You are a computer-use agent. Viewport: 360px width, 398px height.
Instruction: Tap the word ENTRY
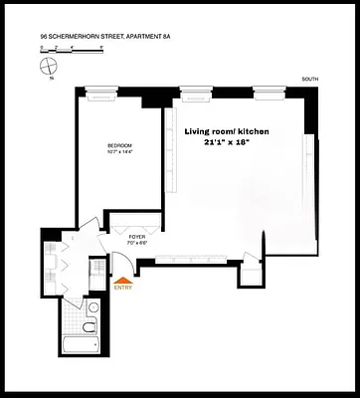click(123, 290)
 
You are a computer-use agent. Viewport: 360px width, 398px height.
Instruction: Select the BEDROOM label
click(120, 147)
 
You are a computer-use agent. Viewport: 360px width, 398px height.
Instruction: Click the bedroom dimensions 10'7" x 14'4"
click(120, 153)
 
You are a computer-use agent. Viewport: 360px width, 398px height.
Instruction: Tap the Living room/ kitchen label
click(239, 130)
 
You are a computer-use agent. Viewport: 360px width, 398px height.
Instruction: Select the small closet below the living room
click(253, 271)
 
